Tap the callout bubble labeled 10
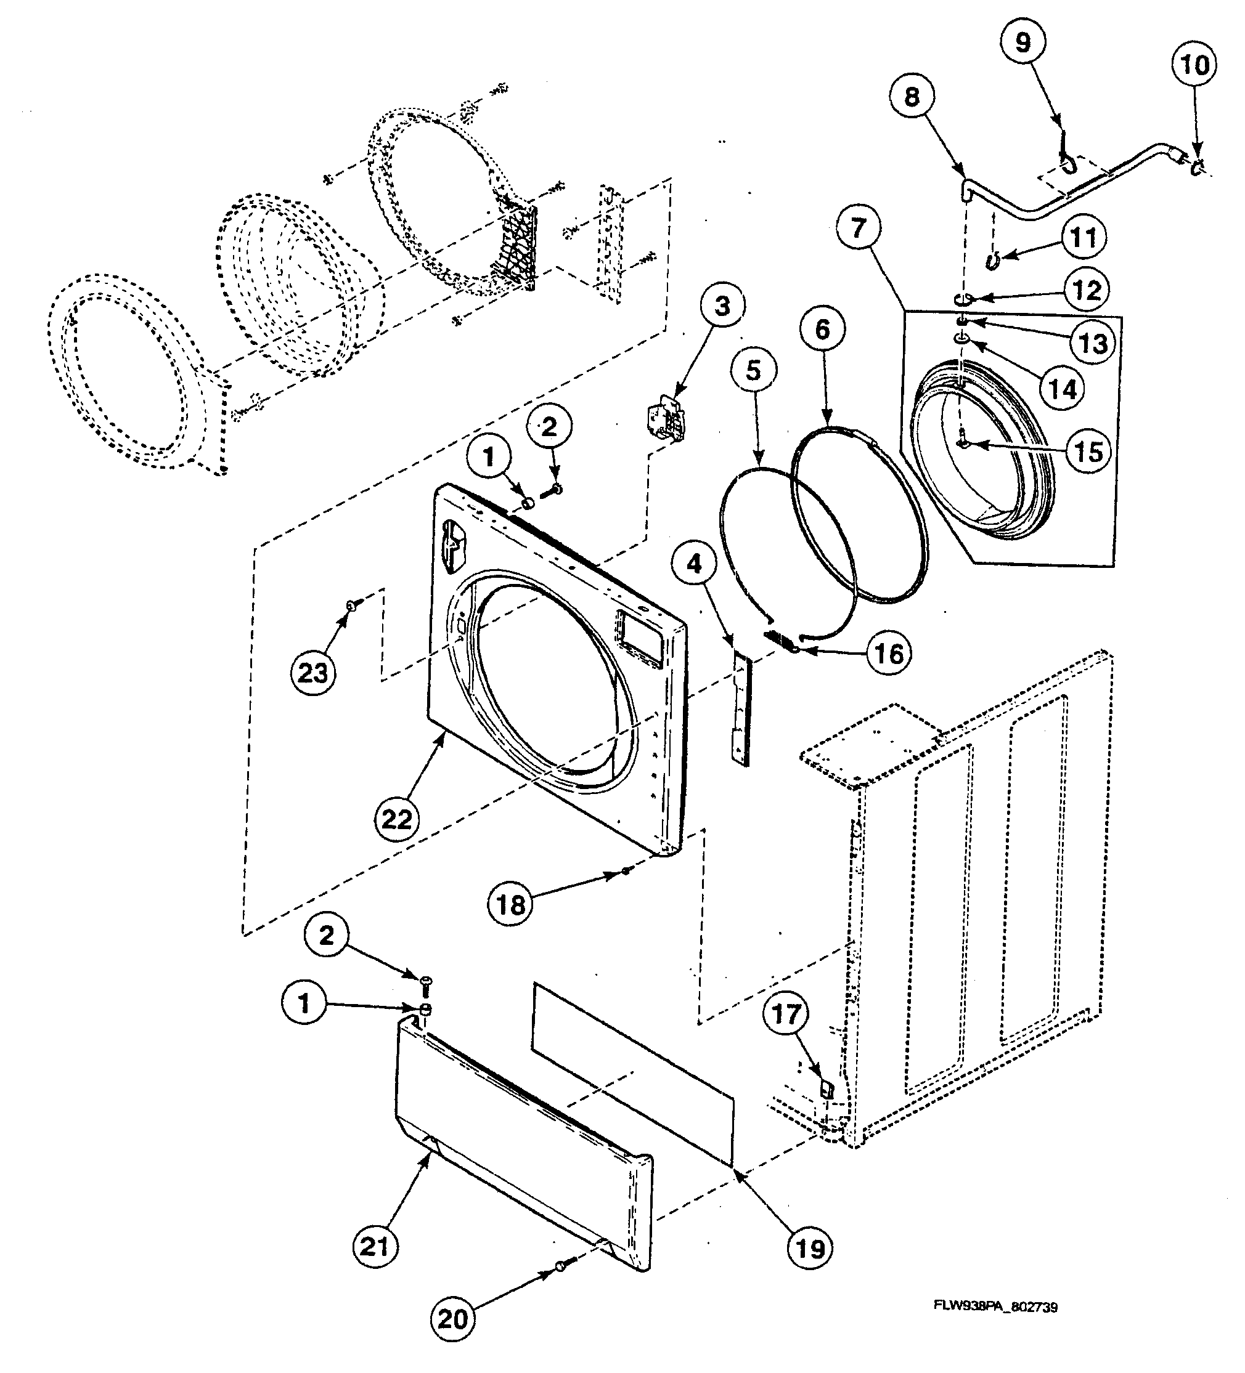1194,65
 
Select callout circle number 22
396,819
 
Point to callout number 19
809,1249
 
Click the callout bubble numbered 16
889,654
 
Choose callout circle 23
312,673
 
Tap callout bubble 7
857,227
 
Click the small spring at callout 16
779,640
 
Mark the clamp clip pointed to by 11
994,258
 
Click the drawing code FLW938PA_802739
995,1307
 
